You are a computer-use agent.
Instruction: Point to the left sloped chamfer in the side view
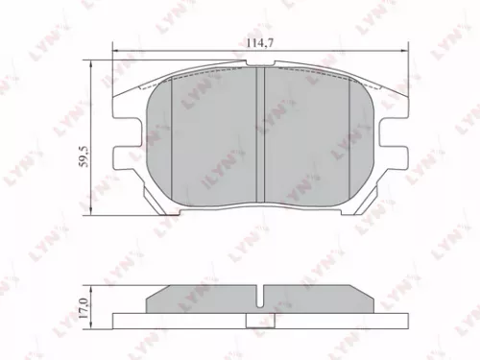click(152, 296)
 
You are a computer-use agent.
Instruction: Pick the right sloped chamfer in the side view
click(372, 296)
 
